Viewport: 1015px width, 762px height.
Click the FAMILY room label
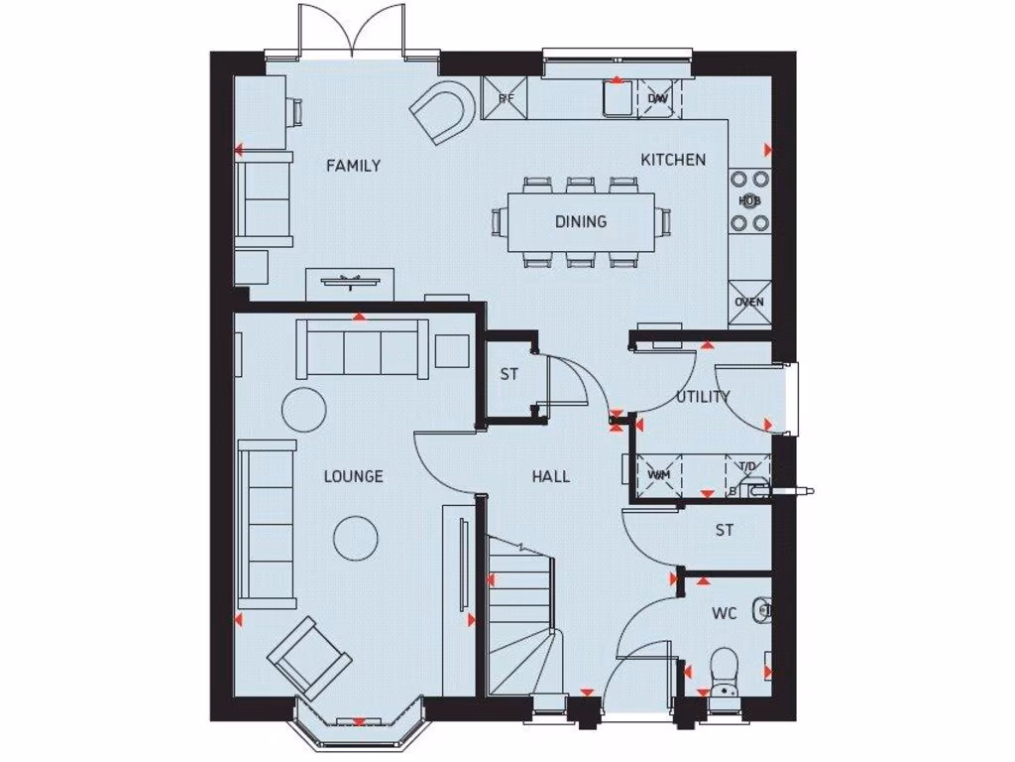353,166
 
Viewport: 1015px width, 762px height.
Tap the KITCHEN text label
673,160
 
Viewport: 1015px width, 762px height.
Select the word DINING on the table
581,221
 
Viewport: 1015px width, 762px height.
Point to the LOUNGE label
353,476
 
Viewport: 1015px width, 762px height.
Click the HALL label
550,476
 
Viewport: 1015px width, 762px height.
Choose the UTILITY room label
703,397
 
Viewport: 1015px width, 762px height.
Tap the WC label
724,614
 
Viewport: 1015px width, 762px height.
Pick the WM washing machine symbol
659,473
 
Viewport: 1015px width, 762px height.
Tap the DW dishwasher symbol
657,98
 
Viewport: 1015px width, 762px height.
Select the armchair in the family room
442,113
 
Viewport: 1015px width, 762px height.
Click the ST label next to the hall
509,375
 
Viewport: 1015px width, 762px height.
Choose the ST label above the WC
725,531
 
